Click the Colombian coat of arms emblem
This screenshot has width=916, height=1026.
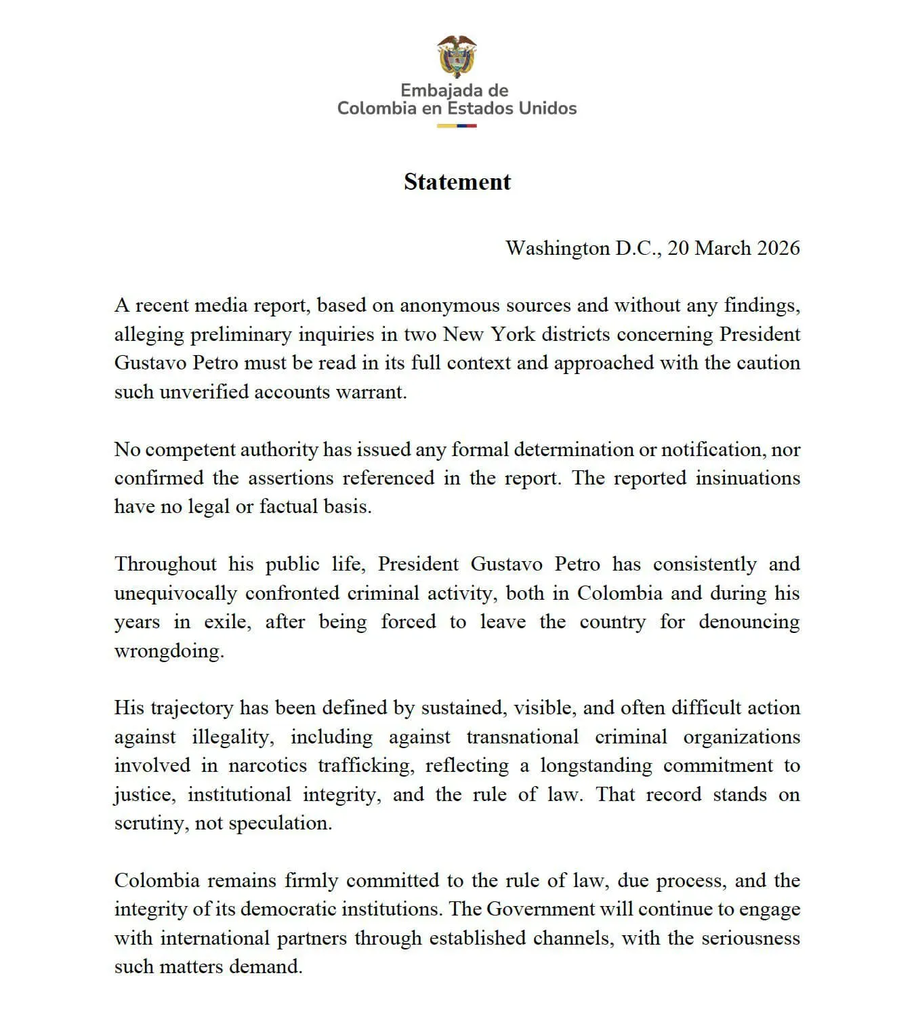click(x=457, y=57)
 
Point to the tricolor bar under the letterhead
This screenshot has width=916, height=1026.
click(x=457, y=126)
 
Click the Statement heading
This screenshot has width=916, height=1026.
click(x=457, y=182)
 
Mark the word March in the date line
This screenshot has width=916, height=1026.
click(x=723, y=248)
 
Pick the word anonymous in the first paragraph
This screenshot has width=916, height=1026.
click(x=451, y=306)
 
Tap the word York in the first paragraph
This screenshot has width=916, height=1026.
click(x=513, y=334)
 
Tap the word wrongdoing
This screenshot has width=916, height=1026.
click(x=169, y=651)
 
